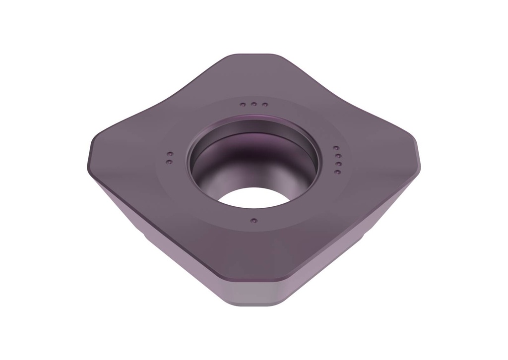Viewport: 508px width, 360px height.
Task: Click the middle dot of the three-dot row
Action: click(x=253, y=105)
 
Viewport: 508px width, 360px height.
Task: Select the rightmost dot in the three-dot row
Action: click(x=265, y=105)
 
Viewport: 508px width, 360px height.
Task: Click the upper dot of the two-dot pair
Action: click(x=169, y=154)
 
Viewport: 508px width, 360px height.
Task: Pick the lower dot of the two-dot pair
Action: click(x=169, y=162)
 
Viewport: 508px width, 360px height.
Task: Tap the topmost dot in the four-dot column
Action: click(x=335, y=148)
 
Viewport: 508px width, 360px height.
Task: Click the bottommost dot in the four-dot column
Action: click(x=337, y=172)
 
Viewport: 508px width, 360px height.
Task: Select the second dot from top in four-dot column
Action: click(x=336, y=156)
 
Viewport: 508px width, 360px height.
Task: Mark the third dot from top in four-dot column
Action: click(x=337, y=164)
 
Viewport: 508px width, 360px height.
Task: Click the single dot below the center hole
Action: click(x=254, y=220)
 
